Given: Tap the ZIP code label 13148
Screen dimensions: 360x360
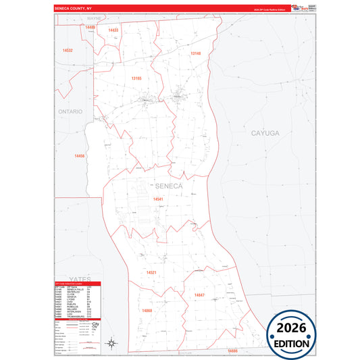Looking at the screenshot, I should (195, 53).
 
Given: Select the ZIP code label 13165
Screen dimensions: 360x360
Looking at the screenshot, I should (136, 78).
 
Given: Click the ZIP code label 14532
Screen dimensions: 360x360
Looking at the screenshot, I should (68, 50).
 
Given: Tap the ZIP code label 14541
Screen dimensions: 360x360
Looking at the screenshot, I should (158, 199).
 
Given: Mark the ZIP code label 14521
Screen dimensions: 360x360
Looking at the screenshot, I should (151, 272).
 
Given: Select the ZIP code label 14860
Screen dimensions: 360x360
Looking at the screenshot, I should (147, 310).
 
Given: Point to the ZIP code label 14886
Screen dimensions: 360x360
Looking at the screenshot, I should (232, 351).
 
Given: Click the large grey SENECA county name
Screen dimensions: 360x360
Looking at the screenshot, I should (168, 186).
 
